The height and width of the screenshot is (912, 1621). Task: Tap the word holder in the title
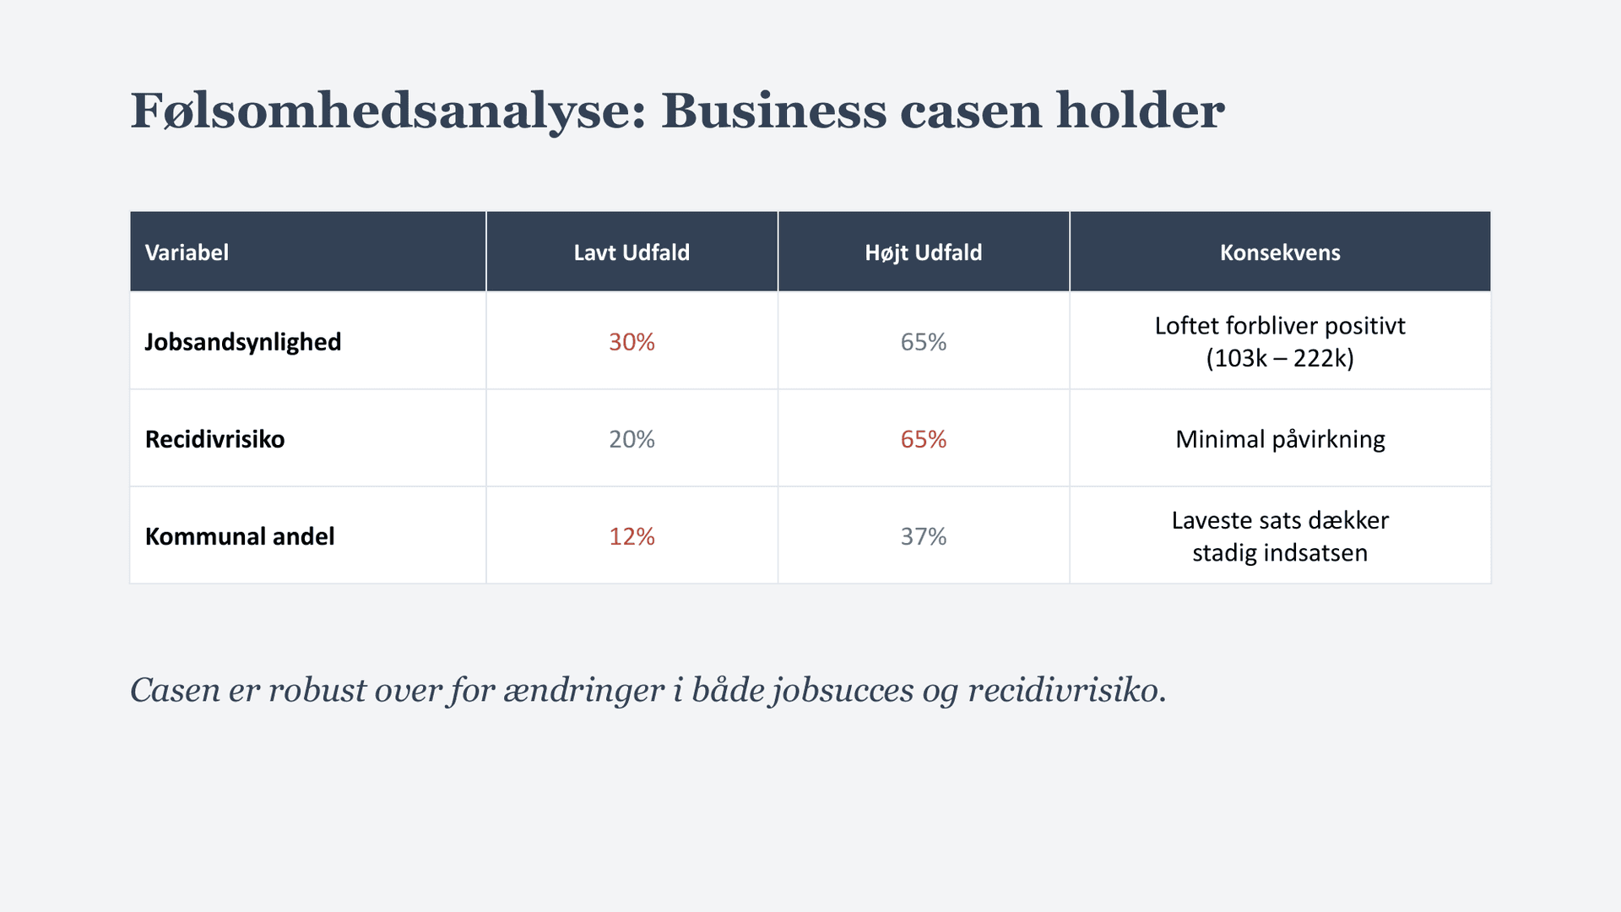[x=1140, y=111]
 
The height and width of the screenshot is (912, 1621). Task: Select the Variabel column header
[x=187, y=252]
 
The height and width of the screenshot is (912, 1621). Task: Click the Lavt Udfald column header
[x=632, y=252]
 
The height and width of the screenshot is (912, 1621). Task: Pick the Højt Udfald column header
[x=923, y=252]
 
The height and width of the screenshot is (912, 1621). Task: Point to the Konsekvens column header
[x=1280, y=252]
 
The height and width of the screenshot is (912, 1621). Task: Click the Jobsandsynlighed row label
[x=243, y=342]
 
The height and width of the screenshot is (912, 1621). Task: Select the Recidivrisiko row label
[x=214, y=439]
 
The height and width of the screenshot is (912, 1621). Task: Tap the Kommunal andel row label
[x=240, y=536]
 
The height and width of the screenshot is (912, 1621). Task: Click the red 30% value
[x=632, y=342]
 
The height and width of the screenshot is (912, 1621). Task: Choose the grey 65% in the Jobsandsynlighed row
[x=923, y=342]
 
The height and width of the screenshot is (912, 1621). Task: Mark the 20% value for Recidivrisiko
[x=632, y=439]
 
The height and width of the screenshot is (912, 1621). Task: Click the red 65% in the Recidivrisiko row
[x=923, y=439]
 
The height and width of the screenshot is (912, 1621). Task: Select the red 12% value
[x=632, y=536]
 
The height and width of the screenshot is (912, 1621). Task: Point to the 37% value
[x=923, y=536]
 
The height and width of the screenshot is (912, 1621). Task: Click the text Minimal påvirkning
[x=1280, y=439]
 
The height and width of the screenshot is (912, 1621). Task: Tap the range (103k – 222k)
[x=1280, y=358]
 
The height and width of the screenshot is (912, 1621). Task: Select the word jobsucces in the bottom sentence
[x=843, y=691]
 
